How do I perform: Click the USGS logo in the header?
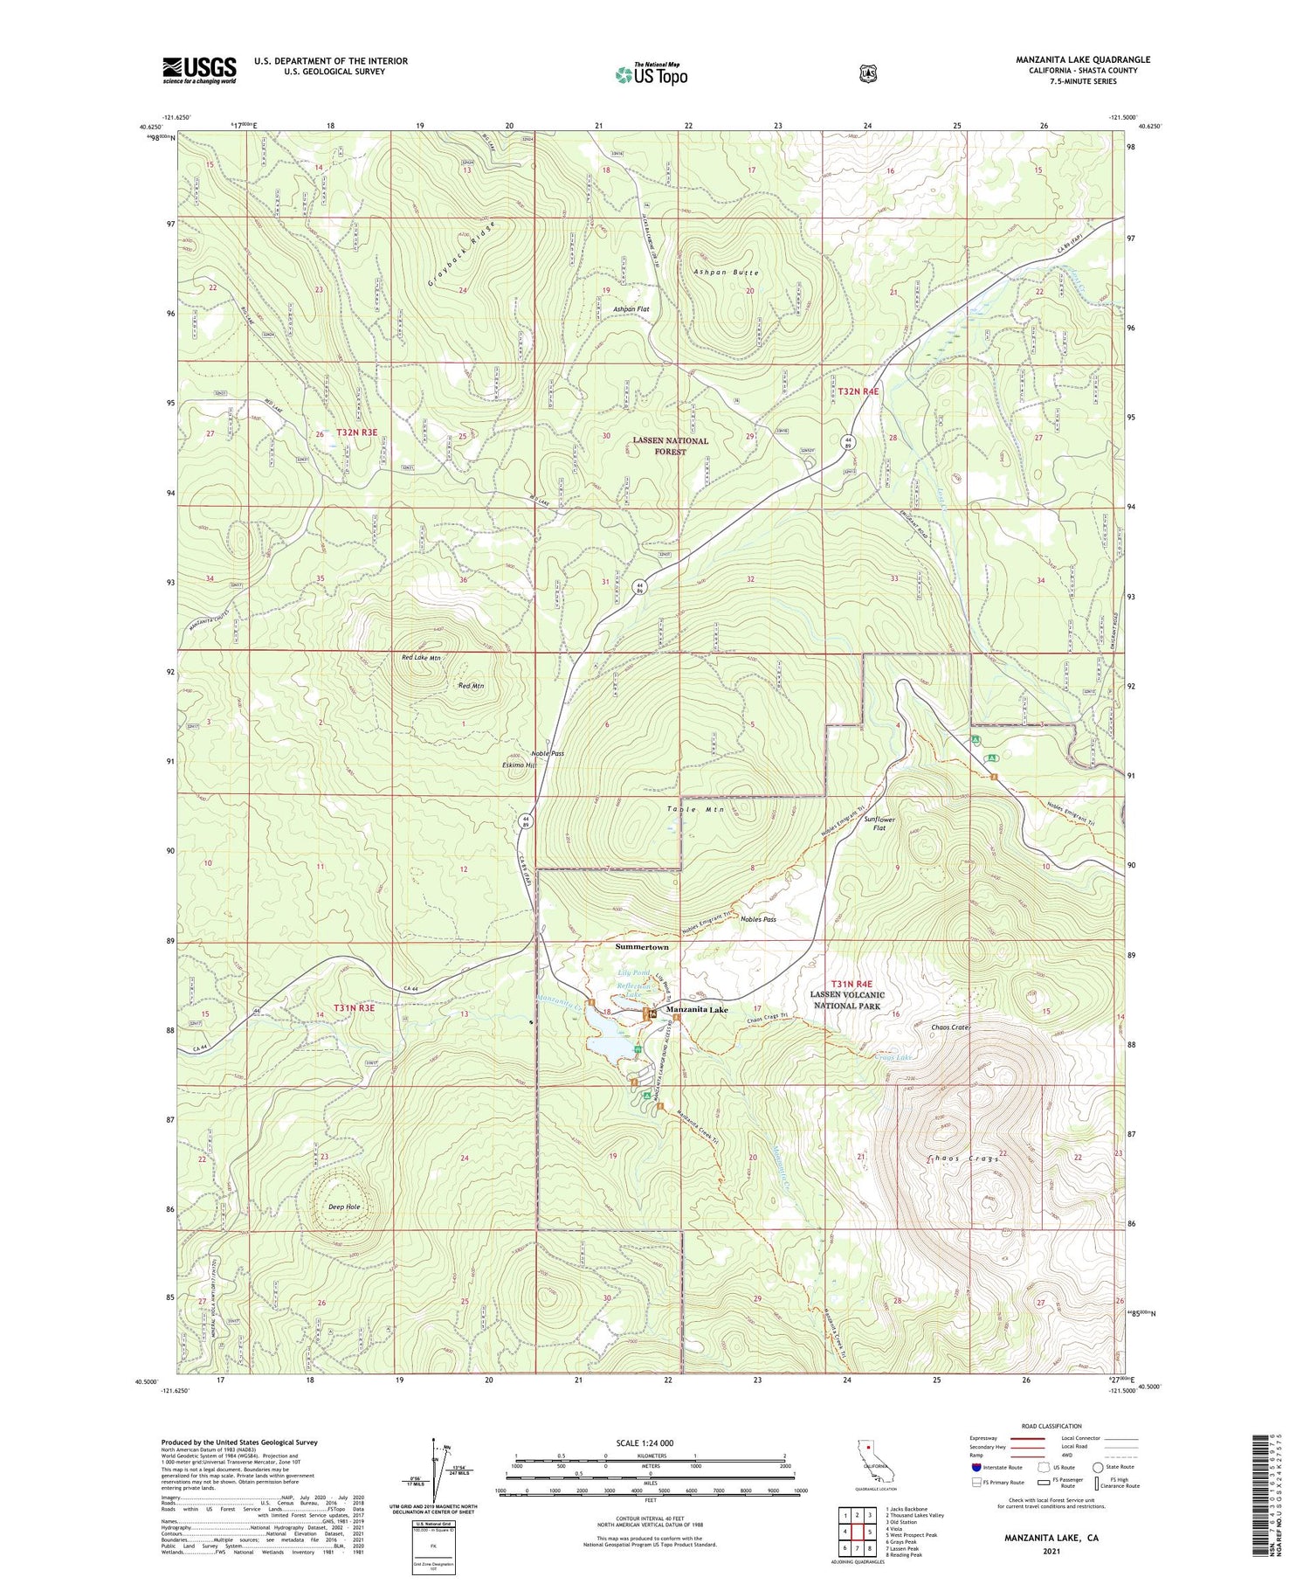199,70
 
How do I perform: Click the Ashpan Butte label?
726,273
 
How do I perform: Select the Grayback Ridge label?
462,253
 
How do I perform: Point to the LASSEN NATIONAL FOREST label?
670,446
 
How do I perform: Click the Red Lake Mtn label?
421,657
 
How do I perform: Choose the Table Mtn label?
696,809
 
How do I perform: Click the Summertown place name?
642,947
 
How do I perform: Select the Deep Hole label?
344,1207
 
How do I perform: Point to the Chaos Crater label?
951,1027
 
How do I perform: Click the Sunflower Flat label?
879,824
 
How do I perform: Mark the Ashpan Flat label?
631,309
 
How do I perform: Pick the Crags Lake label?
893,1057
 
